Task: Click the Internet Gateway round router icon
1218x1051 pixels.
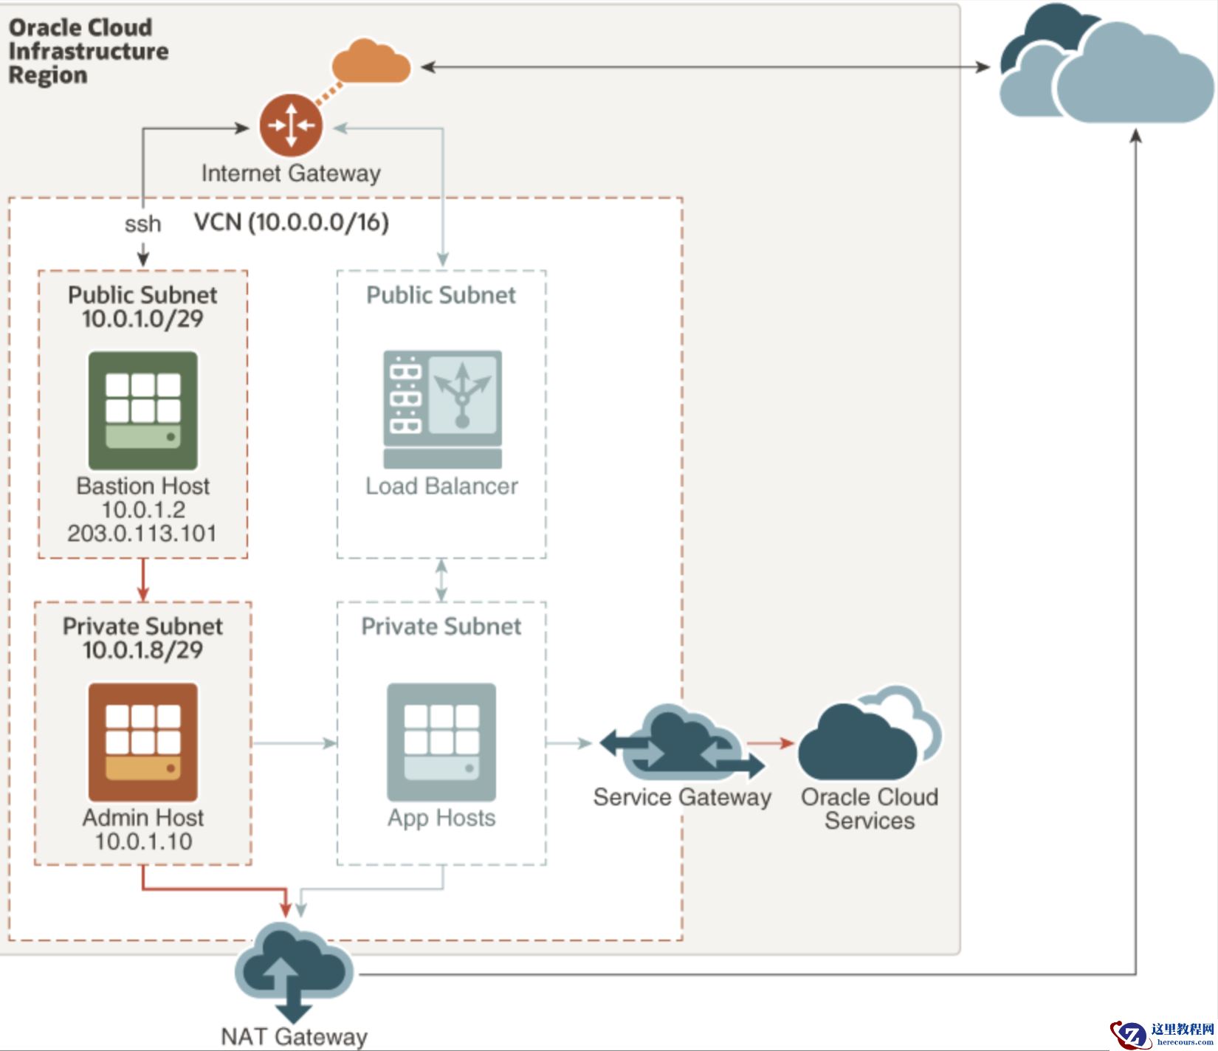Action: [x=291, y=125]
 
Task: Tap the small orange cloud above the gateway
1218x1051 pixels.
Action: [x=371, y=63]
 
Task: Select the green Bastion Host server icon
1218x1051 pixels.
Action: [x=143, y=410]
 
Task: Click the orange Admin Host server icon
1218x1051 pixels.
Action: [x=143, y=742]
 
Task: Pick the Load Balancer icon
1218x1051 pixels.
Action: [x=442, y=409]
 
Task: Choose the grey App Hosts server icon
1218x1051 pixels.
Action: [x=441, y=742]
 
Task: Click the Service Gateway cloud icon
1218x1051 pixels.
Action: [x=681, y=744]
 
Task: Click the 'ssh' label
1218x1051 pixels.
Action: [x=142, y=224]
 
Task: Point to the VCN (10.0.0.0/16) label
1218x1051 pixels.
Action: [x=292, y=222]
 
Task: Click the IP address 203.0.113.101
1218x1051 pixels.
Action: [x=142, y=533]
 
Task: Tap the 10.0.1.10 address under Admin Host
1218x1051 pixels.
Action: [x=143, y=841]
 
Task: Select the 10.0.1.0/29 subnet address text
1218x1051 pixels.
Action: [x=142, y=319]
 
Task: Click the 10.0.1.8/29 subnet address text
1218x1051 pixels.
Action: [x=142, y=650]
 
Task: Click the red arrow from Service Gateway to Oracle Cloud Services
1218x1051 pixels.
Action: [x=771, y=743]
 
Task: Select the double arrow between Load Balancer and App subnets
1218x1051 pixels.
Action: [x=441, y=579]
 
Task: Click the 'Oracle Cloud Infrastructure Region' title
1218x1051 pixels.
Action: [x=88, y=51]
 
